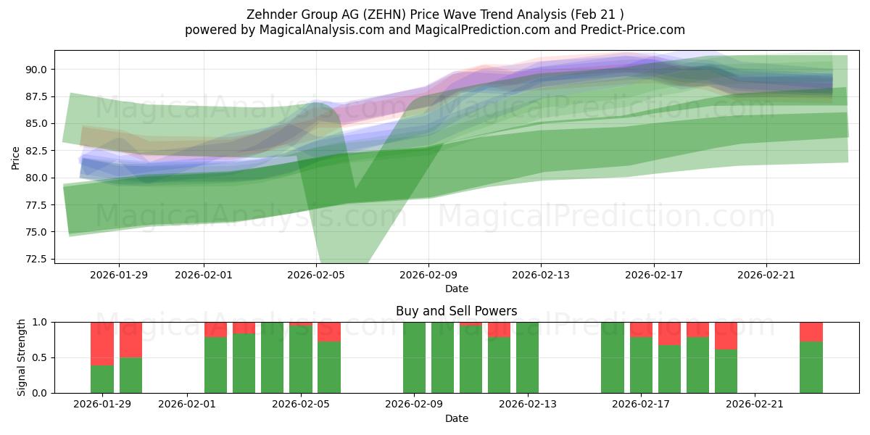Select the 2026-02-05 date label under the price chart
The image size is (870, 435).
tap(316, 275)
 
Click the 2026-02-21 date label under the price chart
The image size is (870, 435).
tap(766, 275)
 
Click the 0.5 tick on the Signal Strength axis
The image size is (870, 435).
tap(41, 357)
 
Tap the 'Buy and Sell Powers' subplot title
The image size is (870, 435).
tap(456, 311)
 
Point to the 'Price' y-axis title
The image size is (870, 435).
tap(16, 157)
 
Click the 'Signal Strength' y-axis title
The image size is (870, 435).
tap(22, 357)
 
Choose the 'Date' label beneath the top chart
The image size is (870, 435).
tap(456, 289)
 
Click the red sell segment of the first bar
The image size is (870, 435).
tap(102, 343)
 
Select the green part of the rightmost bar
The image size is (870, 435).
tap(811, 368)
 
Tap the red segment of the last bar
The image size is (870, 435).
tap(811, 331)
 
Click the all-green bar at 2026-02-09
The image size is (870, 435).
tap(414, 357)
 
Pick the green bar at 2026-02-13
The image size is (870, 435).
tap(527, 357)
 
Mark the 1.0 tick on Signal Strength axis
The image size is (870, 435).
tap(41, 322)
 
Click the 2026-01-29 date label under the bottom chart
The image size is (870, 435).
tap(102, 404)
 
